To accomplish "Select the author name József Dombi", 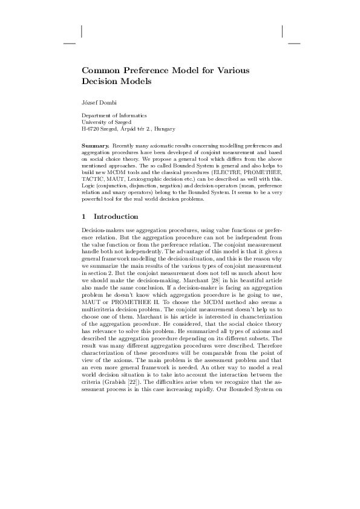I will pos(99,100).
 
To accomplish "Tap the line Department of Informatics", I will pos(114,115).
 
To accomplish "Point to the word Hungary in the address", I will pos(165,129).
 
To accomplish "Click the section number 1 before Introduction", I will pos(83,216).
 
